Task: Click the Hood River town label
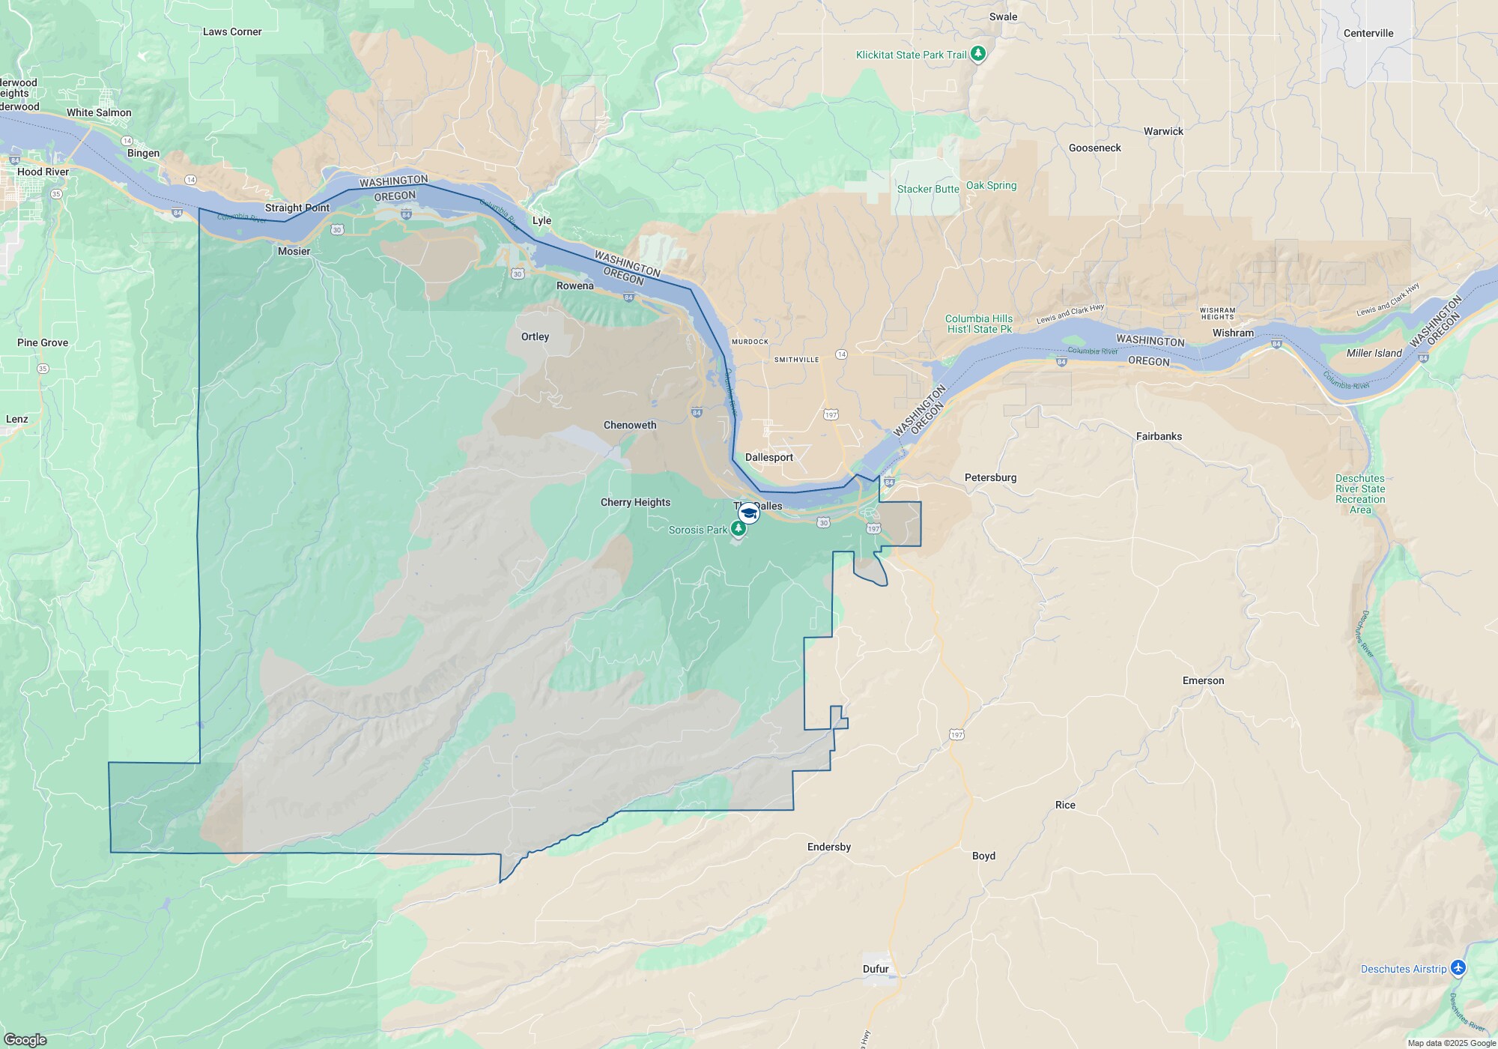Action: [43, 172]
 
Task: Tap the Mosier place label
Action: [294, 251]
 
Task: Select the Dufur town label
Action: [876, 969]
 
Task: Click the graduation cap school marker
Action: [748, 513]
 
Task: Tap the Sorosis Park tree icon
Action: [739, 529]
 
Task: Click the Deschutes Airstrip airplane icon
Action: [1458, 968]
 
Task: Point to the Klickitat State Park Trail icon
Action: [977, 54]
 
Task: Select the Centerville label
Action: [1368, 33]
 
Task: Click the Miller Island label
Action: [1374, 353]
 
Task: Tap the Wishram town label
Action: [1233, 333]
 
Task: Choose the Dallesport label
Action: [768, 457]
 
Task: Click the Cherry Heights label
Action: [635, 502]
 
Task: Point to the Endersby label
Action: [828, 847]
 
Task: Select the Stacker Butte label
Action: [928, 189]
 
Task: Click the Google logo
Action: [25, 1039]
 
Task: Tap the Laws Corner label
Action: [232, 31]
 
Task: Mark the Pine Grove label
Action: [43, 342]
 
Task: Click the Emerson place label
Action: [1203, 680]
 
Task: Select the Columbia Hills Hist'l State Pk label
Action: [978, 324]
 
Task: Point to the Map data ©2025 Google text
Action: [1451, 1043]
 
